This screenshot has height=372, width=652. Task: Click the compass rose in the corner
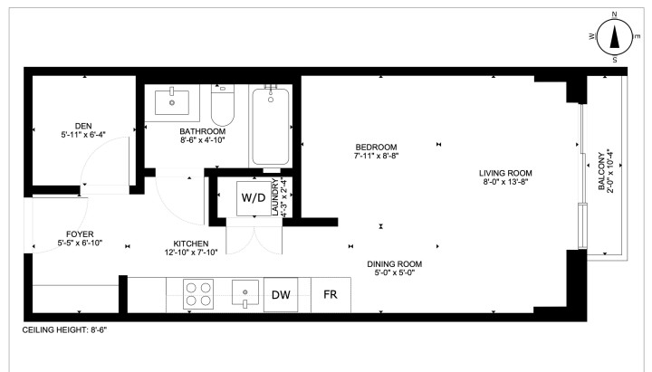pos(615,36)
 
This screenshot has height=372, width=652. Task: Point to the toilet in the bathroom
pos(224,109)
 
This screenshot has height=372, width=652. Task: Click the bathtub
pos(270,126)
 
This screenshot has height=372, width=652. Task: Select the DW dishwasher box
pos(282,295)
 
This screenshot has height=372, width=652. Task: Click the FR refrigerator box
pos(330,295)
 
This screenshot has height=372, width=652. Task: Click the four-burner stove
pos(198,295)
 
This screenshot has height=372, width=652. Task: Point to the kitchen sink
pos(244,294)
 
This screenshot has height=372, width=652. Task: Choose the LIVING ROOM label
pos(505,174)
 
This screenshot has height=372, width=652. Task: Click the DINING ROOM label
pos(395,265)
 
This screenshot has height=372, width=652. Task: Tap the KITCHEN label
pos(191,243)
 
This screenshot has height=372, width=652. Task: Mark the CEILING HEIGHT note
pos(64,330)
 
